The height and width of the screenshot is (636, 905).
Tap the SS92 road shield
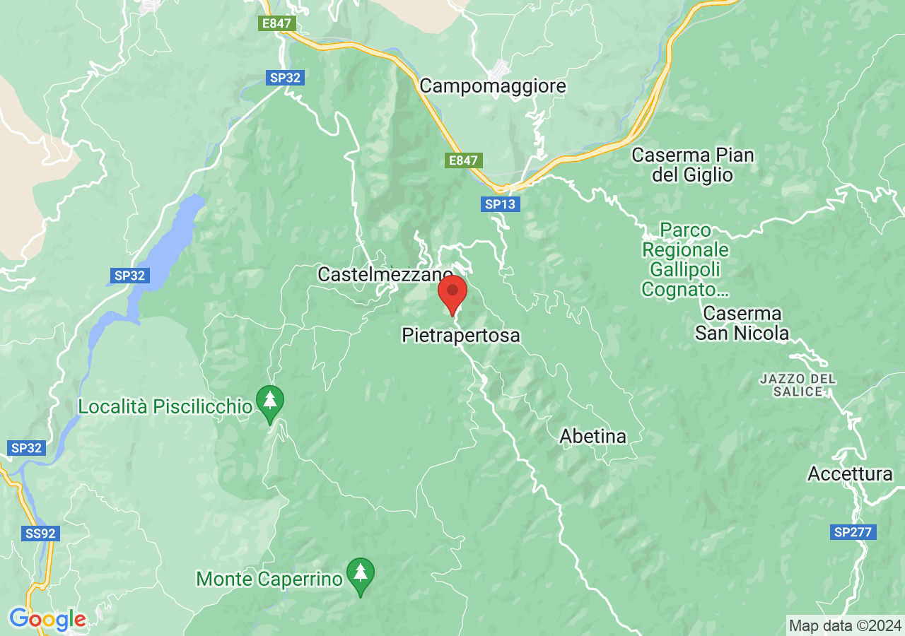point(40,534)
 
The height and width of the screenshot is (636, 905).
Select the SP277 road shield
point(853,532)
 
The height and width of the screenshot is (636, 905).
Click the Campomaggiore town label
point(493,86)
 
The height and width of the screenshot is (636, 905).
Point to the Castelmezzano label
point(385,274)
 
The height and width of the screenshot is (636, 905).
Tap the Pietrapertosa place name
point(461,335)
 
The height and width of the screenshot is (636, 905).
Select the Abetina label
point(592,437)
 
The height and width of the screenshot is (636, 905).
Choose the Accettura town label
point(850,473)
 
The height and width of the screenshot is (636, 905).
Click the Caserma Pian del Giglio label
point(693,165)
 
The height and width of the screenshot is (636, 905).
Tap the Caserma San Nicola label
point(742,323)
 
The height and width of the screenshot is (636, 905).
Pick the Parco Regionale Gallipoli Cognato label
point(685,259)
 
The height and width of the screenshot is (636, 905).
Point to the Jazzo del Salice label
point(798,385)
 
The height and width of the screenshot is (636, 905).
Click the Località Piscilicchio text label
point(165,407)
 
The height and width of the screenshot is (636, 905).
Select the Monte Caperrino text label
point(269,579)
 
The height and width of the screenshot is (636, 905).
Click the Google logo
point(47,620)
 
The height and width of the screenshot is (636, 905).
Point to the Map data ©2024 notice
point(845,625)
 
